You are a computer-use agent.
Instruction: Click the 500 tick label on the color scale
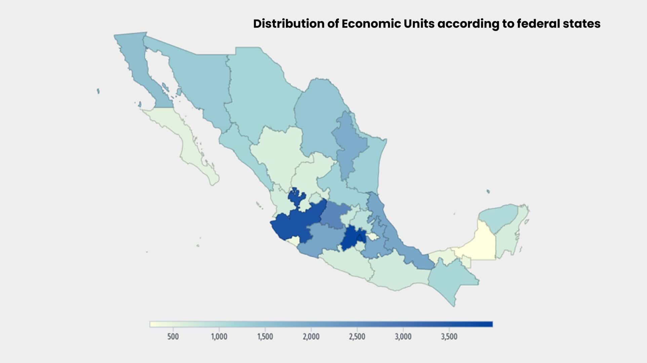[173, 336]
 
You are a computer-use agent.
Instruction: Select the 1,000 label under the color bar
[219, 336]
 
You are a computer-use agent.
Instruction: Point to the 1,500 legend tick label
[265, 336]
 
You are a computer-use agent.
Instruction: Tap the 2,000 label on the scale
[311, 336]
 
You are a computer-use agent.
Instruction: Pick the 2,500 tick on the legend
[357, 336]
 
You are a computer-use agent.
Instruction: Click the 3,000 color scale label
[403, 336]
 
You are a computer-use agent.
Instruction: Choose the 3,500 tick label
[449, 336]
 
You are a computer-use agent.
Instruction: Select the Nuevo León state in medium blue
[350, 145]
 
